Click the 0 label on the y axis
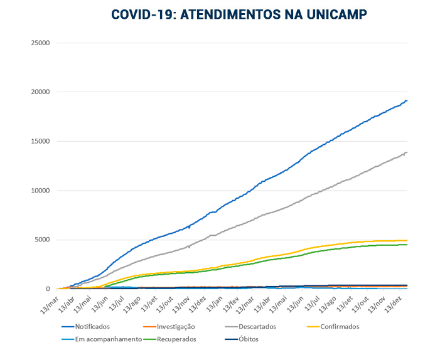click(48, 289)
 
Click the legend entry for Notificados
click(92, 327)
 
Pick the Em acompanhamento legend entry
click(108, 339)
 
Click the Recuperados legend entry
click(175, 339)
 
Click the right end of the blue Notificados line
click(407, 100)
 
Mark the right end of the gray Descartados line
click(407, 152)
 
